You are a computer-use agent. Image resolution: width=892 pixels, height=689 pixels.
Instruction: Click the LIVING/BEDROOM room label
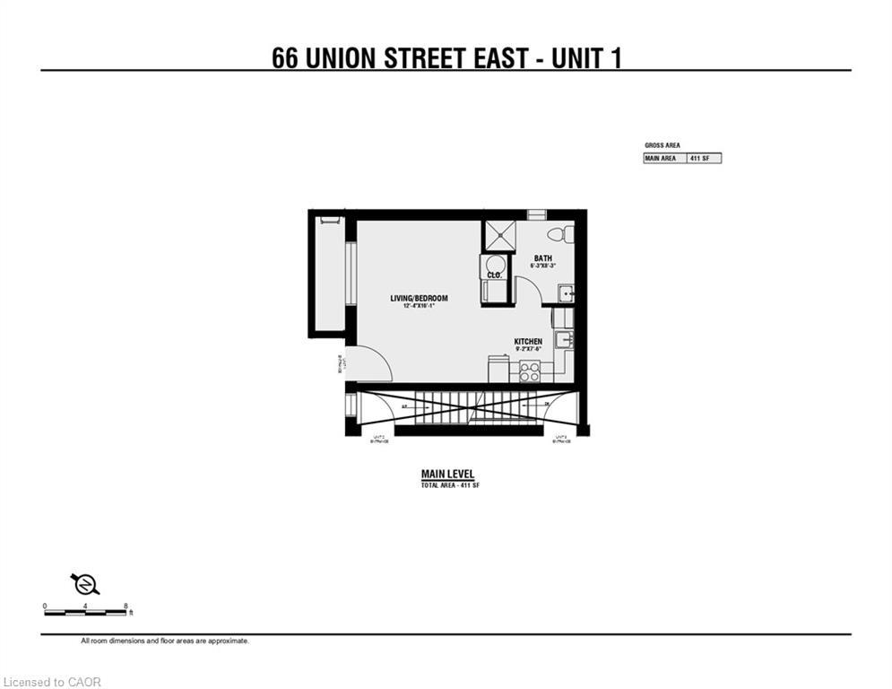tap(419, 298)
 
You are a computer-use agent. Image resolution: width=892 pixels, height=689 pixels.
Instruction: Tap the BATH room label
tap(543, 257)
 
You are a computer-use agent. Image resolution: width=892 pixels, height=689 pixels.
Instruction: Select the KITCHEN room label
tap(528, 342)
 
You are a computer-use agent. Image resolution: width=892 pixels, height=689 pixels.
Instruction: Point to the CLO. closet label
tap(494, 275)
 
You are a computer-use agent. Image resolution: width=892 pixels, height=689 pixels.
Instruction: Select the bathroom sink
tap(565, 294)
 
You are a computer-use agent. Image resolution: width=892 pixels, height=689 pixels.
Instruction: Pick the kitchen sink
tap(563, 340)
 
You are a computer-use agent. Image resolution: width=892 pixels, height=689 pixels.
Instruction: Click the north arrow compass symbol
tap(86, 585)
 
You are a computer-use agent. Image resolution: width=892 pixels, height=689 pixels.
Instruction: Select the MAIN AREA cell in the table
tap(661, 158)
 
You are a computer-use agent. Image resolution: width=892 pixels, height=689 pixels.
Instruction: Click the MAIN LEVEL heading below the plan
tap(447, 475)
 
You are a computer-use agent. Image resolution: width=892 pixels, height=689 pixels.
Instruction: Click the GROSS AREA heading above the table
tap(663, 144)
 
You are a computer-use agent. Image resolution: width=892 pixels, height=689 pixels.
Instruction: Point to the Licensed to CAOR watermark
tap(53, 682)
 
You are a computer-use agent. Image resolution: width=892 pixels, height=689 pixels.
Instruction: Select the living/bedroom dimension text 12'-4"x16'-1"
tap(419, 306)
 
